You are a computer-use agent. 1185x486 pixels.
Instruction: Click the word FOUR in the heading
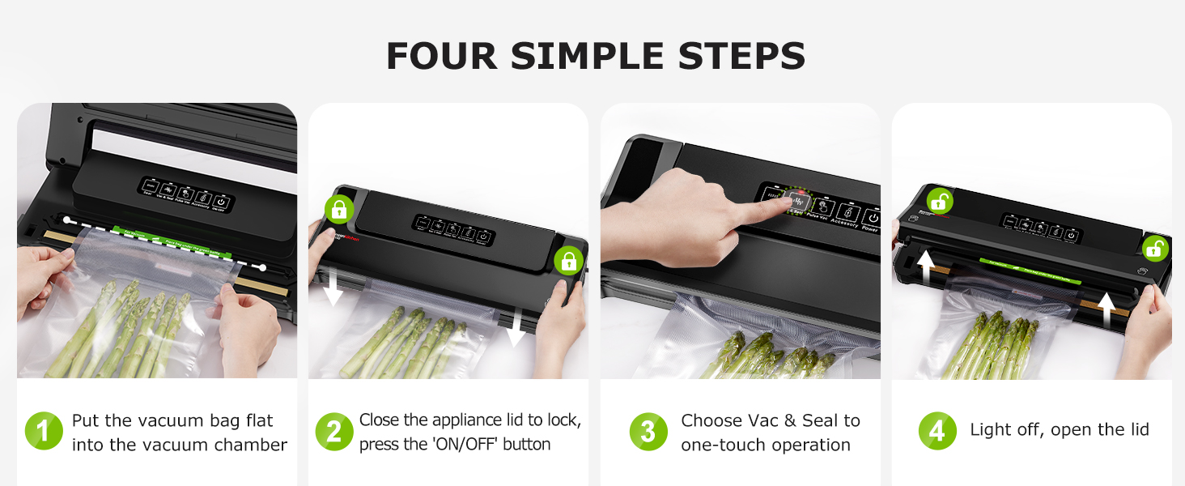click(442, 56)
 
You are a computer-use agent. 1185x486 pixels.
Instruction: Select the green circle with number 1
click(44, 432)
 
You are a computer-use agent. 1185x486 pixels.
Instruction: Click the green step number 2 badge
click(333, 432)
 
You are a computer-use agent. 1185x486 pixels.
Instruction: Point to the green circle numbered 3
click(648, 432)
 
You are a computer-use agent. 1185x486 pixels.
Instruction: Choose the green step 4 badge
click(937, 432)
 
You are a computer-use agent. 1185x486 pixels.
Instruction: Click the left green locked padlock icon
click(338, 210)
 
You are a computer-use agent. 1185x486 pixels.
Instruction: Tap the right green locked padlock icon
click(569, 261)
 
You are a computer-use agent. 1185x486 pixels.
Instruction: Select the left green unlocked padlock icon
click(940, 200)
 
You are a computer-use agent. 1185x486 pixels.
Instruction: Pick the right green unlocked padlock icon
click(1155, 249)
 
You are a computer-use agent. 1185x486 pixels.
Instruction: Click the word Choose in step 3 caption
click(711, 420)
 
